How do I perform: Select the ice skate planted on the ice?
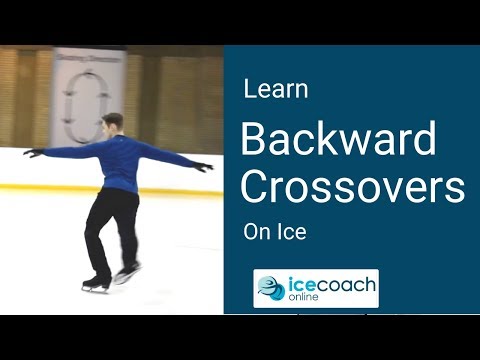(96, 283)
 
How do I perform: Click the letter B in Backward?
(256, 141)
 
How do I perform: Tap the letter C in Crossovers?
(256, 187)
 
